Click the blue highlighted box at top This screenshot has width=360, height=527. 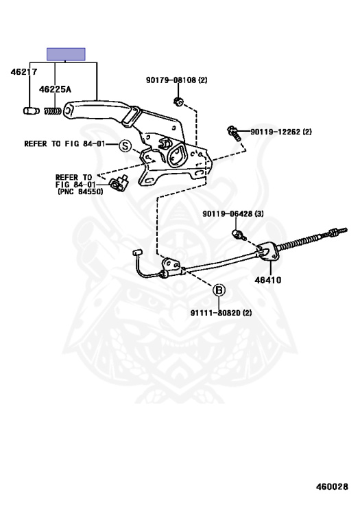tap(66, 54)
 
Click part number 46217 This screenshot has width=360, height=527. tap(24, 71)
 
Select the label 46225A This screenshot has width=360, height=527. tap(55, 89)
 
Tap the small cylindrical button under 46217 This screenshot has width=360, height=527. tap(32, 110)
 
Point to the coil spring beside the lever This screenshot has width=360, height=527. tap(53, 110)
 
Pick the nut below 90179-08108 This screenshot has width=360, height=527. tap(178, 100)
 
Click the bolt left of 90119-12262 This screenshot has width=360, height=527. tap(235, 133)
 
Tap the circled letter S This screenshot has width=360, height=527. tap(125, 146)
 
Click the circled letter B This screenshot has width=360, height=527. tap(219, 290)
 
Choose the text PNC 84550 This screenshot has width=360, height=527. tap(81, 191)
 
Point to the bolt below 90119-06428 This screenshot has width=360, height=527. tap(237, 234)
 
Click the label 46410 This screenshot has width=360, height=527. tap(268, 280)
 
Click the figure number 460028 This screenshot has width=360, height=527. tap(332, 487)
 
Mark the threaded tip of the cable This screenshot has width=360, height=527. tap(339, 231)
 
